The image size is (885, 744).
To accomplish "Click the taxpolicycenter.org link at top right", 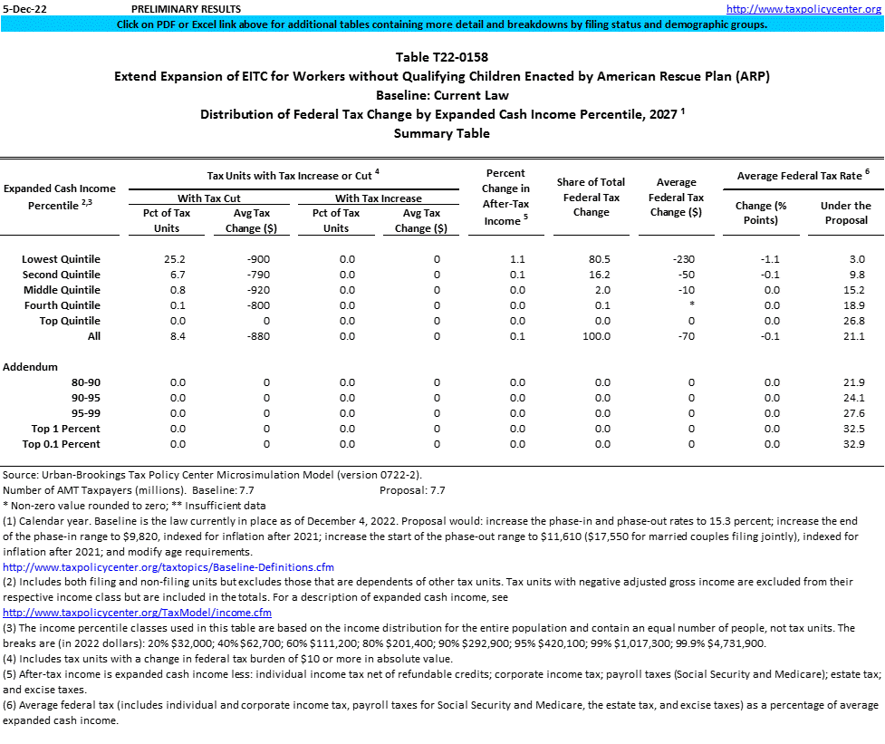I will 804,8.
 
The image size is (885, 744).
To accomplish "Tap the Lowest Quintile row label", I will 61,259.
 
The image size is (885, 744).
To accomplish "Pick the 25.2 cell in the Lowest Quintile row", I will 178,259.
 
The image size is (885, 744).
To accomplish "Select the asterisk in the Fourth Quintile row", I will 690,305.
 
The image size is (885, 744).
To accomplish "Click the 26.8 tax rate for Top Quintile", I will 854,321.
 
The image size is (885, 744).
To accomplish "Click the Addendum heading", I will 31,367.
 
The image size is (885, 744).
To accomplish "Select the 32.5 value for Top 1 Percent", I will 854,429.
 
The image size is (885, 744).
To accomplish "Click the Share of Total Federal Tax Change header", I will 592,198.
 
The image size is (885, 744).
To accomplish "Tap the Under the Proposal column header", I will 845,213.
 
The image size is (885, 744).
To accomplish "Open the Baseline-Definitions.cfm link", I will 168,567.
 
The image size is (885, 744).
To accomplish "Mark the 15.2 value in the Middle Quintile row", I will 854,290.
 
